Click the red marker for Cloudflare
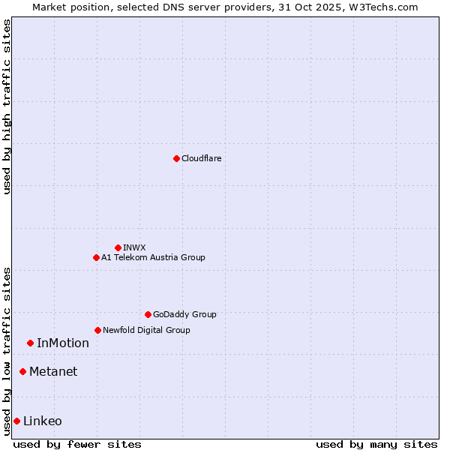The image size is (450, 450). (x=176, y=158)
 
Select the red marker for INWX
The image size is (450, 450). (x=118, y=247)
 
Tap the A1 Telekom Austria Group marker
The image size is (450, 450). (x=96, y=257)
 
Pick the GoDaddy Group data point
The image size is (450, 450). (x=148, y=314)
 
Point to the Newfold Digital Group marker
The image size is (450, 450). (x=97, y=330)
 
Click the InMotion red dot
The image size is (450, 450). (x=30, y=343)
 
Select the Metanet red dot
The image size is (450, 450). (x=22, y=371)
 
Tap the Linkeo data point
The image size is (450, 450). (x=16, y=421)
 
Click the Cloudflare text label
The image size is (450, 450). (x=201, y=158)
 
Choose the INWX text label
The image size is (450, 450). (x=134, y=247)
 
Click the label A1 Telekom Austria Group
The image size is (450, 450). (x=153, y=257)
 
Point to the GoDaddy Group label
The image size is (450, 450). (x=184, y=314)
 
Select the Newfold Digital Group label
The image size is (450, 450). (x=146, y=330)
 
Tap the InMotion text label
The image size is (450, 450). (x=63, y=343)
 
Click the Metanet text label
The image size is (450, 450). (x=53, y=372)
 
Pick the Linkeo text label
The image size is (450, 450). (x=43, y=421)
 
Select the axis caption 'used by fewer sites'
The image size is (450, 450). (x=77, y=444)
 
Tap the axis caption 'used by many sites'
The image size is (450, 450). (x=376, y=444)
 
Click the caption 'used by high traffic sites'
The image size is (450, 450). (x=7, y=106)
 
